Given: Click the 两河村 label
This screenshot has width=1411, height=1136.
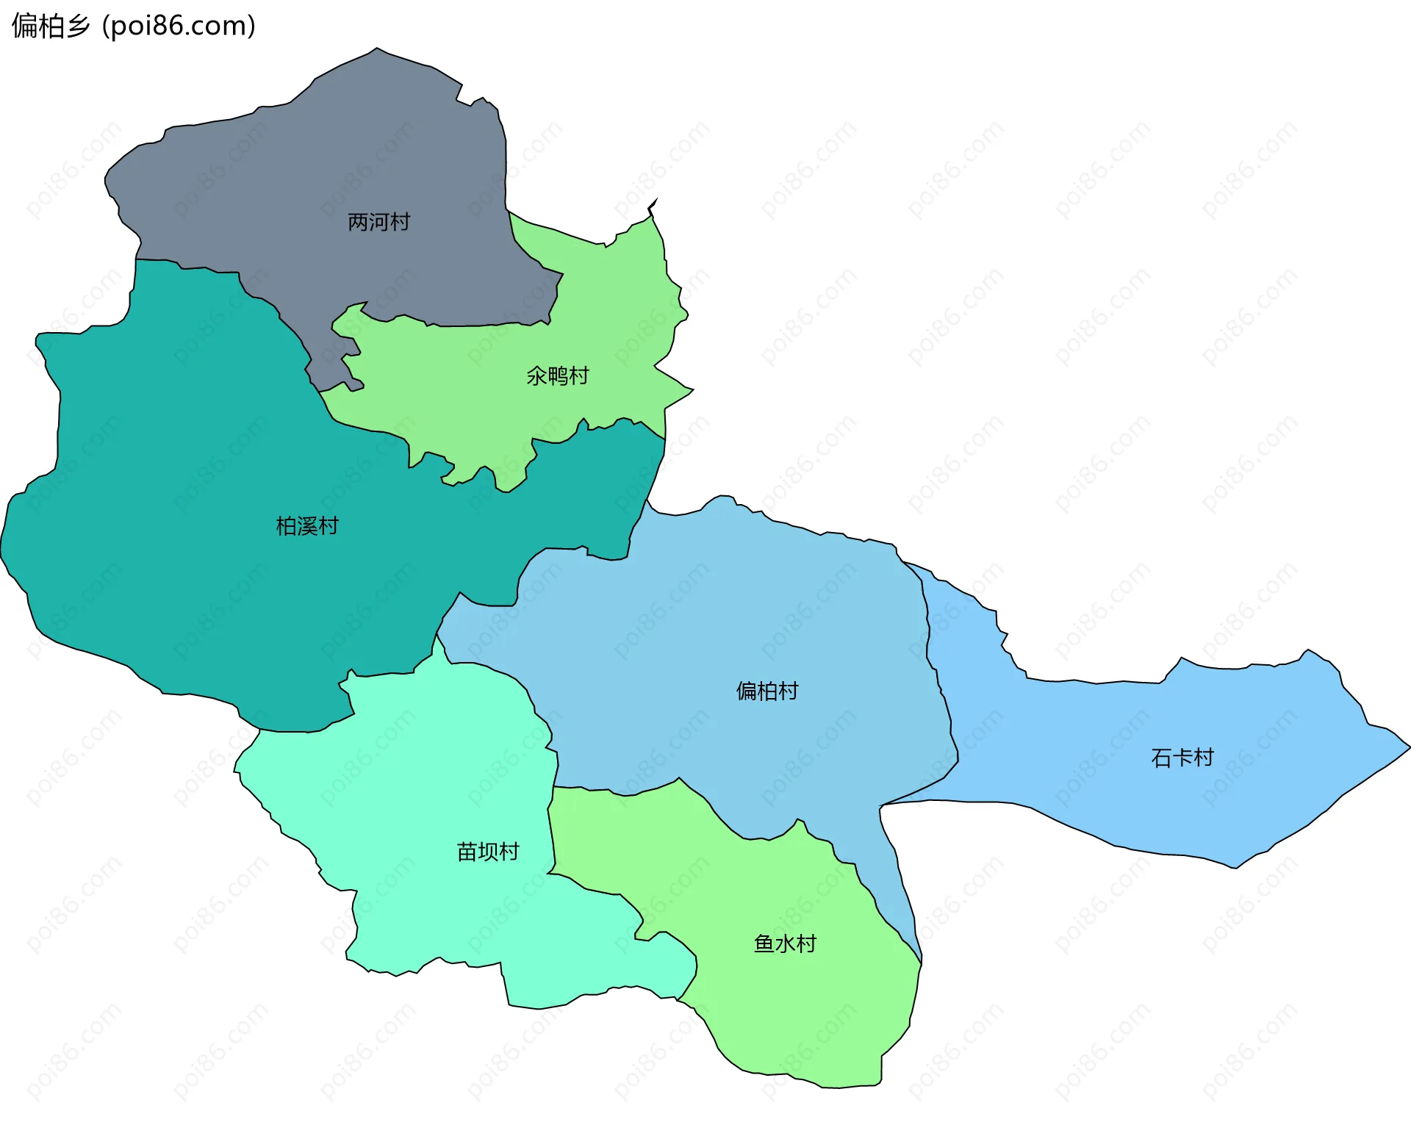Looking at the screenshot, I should coord(378,222).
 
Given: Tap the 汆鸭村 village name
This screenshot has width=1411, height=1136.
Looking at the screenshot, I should coord(558,376).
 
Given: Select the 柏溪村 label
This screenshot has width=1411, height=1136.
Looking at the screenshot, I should coord(307,526).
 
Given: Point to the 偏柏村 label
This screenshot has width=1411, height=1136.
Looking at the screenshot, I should coord(767,691).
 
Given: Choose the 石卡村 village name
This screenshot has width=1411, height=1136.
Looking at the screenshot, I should coord(1182,758).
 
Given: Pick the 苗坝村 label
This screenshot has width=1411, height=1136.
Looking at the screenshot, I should coord(488,852).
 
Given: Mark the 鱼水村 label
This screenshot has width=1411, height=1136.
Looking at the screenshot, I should coord(785,943).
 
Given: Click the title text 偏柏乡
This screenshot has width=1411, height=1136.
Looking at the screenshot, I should coord(51,26).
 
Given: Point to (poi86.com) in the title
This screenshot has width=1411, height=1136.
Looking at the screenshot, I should coord(179,26).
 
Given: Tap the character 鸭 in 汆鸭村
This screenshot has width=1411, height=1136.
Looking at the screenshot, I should coord(558,376).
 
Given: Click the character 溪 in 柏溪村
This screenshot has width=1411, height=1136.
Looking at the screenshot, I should coord(307,526).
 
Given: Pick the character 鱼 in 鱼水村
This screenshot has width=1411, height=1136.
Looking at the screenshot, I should coord(764,943).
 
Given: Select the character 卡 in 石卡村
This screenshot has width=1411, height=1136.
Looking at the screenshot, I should coord(1182,758).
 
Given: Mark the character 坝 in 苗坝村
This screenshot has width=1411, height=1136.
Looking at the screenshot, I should coord(488,852).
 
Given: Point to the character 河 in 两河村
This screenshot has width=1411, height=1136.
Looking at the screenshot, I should coord(378,222).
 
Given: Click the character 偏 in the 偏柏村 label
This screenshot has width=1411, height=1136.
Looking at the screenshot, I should coord(747,691).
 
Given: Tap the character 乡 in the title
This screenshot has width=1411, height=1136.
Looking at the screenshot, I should coord(78,26).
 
